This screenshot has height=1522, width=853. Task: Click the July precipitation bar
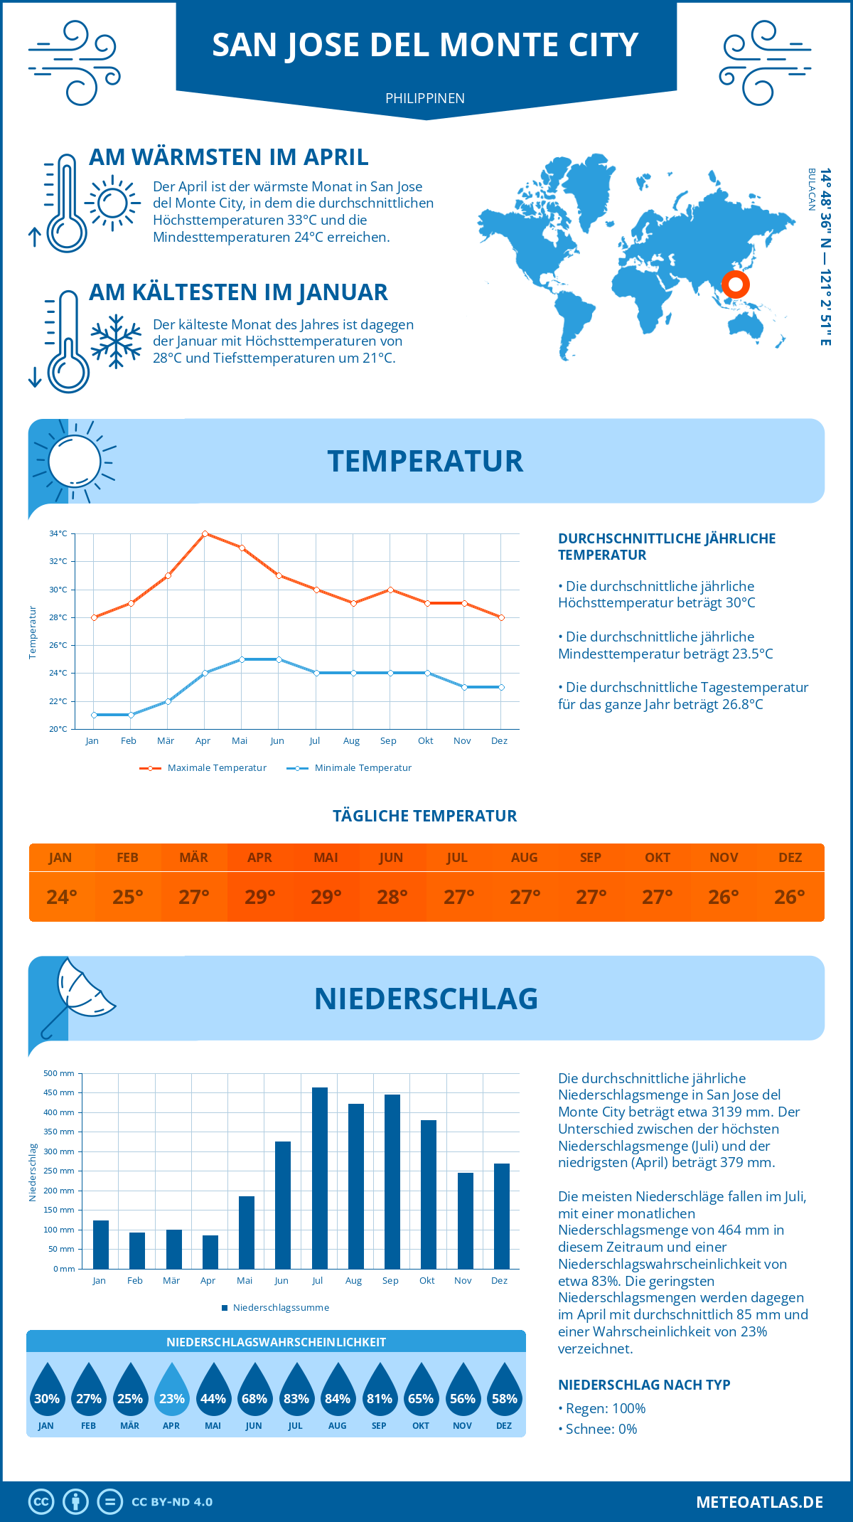319,1178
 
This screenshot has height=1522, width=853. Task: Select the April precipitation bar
210,1252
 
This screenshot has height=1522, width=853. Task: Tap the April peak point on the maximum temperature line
205,533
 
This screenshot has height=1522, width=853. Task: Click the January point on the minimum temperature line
94,715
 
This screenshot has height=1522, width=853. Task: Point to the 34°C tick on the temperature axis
58,533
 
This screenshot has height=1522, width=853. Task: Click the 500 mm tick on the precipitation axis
59,1073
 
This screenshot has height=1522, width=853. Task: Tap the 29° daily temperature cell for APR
260,897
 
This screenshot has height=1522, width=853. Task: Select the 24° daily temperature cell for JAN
62,897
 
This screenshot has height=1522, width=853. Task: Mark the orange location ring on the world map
736,284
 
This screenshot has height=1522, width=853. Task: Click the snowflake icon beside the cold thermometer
116,341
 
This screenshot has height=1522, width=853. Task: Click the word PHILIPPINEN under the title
425,98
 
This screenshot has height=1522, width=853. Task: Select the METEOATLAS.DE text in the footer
759,1502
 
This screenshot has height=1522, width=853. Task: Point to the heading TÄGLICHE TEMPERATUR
425,816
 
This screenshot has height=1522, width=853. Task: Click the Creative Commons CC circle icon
41,1502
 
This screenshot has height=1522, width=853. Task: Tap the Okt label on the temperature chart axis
425,741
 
